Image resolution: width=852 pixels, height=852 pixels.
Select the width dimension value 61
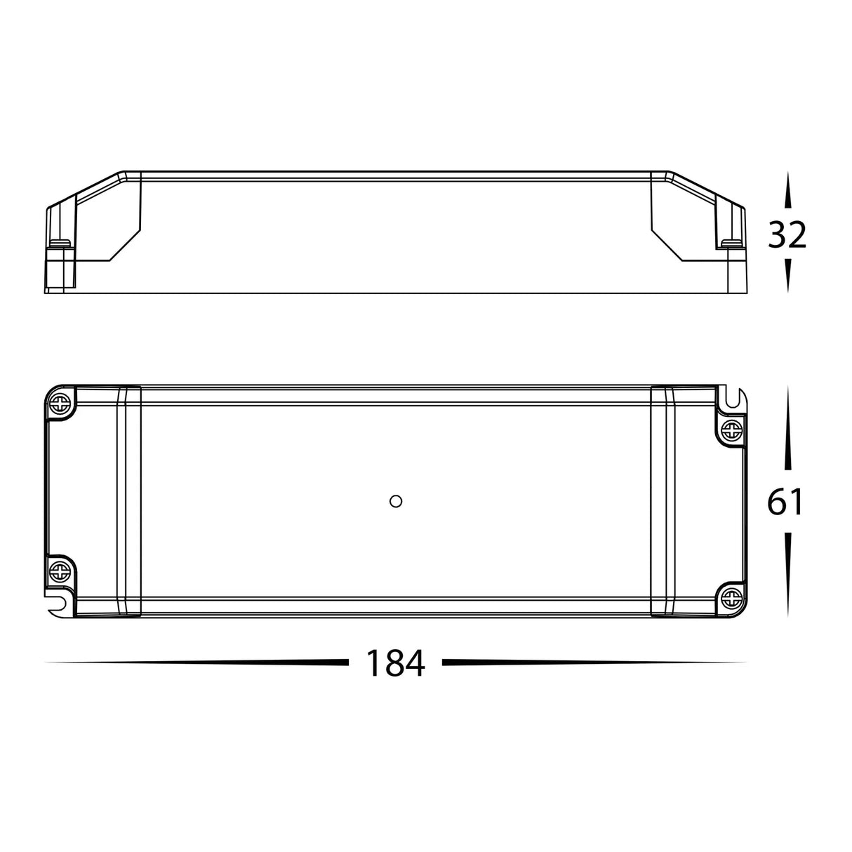click(785, 502)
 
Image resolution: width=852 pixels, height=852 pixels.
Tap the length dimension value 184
click(395, 663)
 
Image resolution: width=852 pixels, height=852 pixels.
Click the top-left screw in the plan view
click(60, 403)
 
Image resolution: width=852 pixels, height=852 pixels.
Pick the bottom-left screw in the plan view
click(60, 570)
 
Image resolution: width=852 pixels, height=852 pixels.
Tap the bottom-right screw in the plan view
click(731, 598)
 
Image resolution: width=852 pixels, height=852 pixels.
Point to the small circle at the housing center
click(394, 500)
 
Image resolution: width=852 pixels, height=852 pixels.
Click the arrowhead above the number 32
click(787, 191)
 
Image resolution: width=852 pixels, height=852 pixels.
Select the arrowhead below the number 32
click(787, 275)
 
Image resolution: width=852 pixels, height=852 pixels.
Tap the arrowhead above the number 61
click(787, 428)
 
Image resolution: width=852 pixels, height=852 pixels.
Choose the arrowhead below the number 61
click(787, 575)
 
